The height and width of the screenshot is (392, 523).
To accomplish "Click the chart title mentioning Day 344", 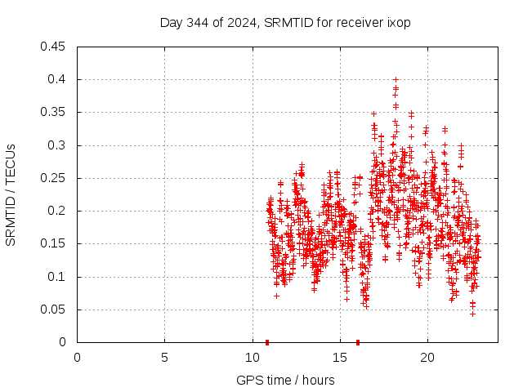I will (284, 22).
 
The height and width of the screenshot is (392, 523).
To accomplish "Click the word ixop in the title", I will (398, 22).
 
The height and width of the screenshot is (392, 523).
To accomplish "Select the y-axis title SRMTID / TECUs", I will (11, 194).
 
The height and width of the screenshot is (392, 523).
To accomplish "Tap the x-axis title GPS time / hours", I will (287, 380).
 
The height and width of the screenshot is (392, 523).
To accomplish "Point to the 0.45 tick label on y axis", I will (54, 47).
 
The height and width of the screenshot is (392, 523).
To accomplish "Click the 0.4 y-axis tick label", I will (58, 79).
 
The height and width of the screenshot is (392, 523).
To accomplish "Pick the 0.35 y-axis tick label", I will (54, 112).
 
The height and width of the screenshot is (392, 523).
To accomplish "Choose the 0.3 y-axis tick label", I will (58, 145).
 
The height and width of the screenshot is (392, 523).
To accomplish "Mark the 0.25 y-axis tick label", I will (54, 178).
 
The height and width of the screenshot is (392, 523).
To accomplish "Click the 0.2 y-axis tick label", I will (58, 211).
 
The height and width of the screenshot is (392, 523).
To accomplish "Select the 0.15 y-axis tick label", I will (54, 243).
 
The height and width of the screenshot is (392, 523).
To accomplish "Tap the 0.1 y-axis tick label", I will (58, 277).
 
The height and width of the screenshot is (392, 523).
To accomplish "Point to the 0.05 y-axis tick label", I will (54, 310).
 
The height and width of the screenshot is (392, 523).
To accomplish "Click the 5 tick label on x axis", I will (164, 358).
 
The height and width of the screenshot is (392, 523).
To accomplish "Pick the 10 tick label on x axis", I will (252, 358).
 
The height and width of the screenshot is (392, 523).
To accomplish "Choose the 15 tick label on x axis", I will (339, 358).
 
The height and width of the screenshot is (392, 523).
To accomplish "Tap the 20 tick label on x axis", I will (427, 358).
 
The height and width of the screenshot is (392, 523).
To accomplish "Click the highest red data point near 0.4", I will (396, 80).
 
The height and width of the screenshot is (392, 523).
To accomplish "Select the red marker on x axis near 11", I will (267, 341).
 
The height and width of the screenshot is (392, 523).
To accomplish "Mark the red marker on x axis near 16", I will (358, 341).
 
